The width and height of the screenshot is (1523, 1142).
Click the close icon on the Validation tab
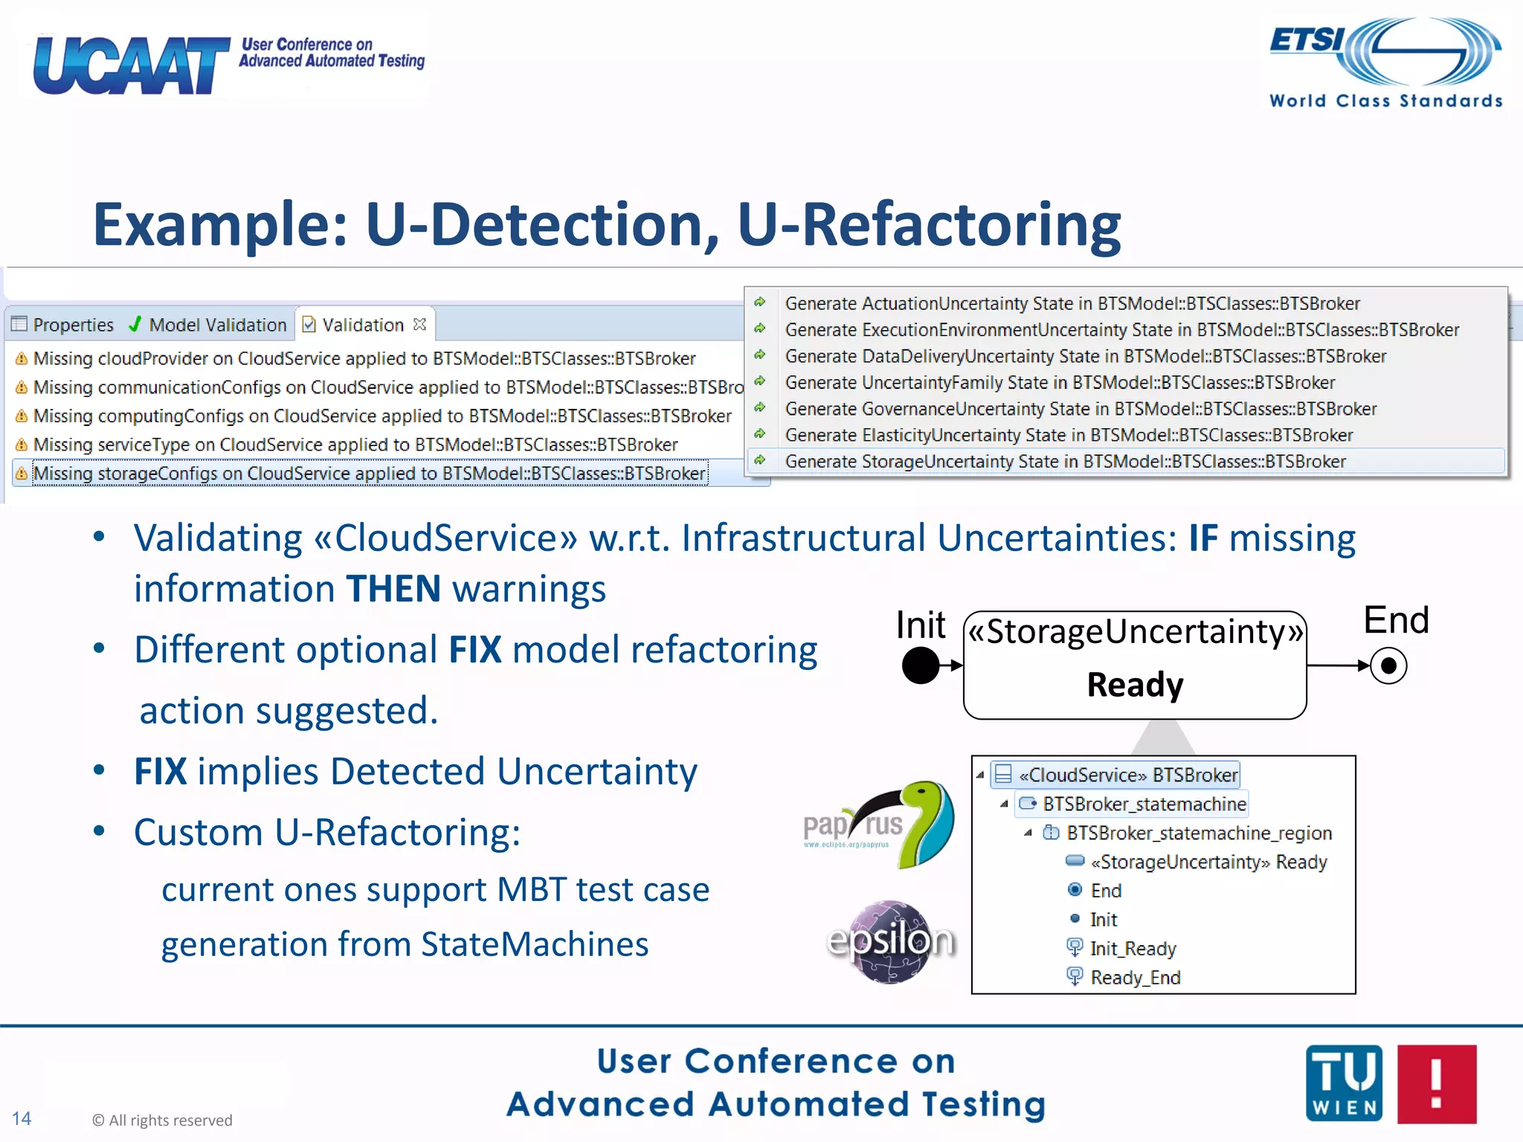click(420, 324)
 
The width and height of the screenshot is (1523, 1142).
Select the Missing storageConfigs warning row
click(369, 474)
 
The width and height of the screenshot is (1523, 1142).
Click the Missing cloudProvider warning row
click(364, 358)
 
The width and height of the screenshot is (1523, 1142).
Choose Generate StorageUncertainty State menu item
click(1065, 462)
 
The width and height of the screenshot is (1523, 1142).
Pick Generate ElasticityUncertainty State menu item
click(1068, 435)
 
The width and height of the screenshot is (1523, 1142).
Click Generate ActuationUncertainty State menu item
click(1072, 303)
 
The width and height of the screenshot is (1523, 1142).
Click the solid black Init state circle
click(921, 665)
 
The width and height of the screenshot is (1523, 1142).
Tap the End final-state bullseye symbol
click(1388, 665)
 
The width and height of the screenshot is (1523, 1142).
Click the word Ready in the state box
click(1135, 685)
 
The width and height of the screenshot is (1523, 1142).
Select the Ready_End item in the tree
click(1135, 978)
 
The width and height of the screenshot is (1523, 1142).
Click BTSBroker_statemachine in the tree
click(1144, 804)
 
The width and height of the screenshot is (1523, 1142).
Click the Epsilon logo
click(890, 941)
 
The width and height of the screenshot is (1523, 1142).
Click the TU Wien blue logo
click(1344, 1083)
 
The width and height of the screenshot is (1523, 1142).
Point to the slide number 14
click(22, 1118)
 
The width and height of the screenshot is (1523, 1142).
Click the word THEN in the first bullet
click(394, 589)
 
